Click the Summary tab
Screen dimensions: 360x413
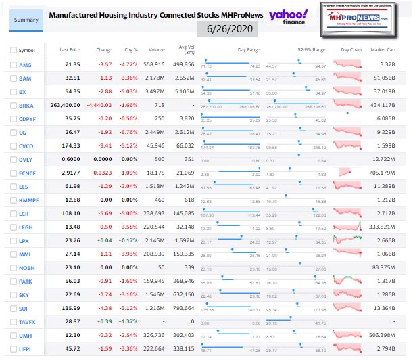point(26,20)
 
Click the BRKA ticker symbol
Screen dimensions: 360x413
point(27,106)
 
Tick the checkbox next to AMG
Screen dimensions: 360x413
point(13,64)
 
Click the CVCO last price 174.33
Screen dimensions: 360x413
point(71,145)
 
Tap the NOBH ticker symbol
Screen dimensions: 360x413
point(27,268)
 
